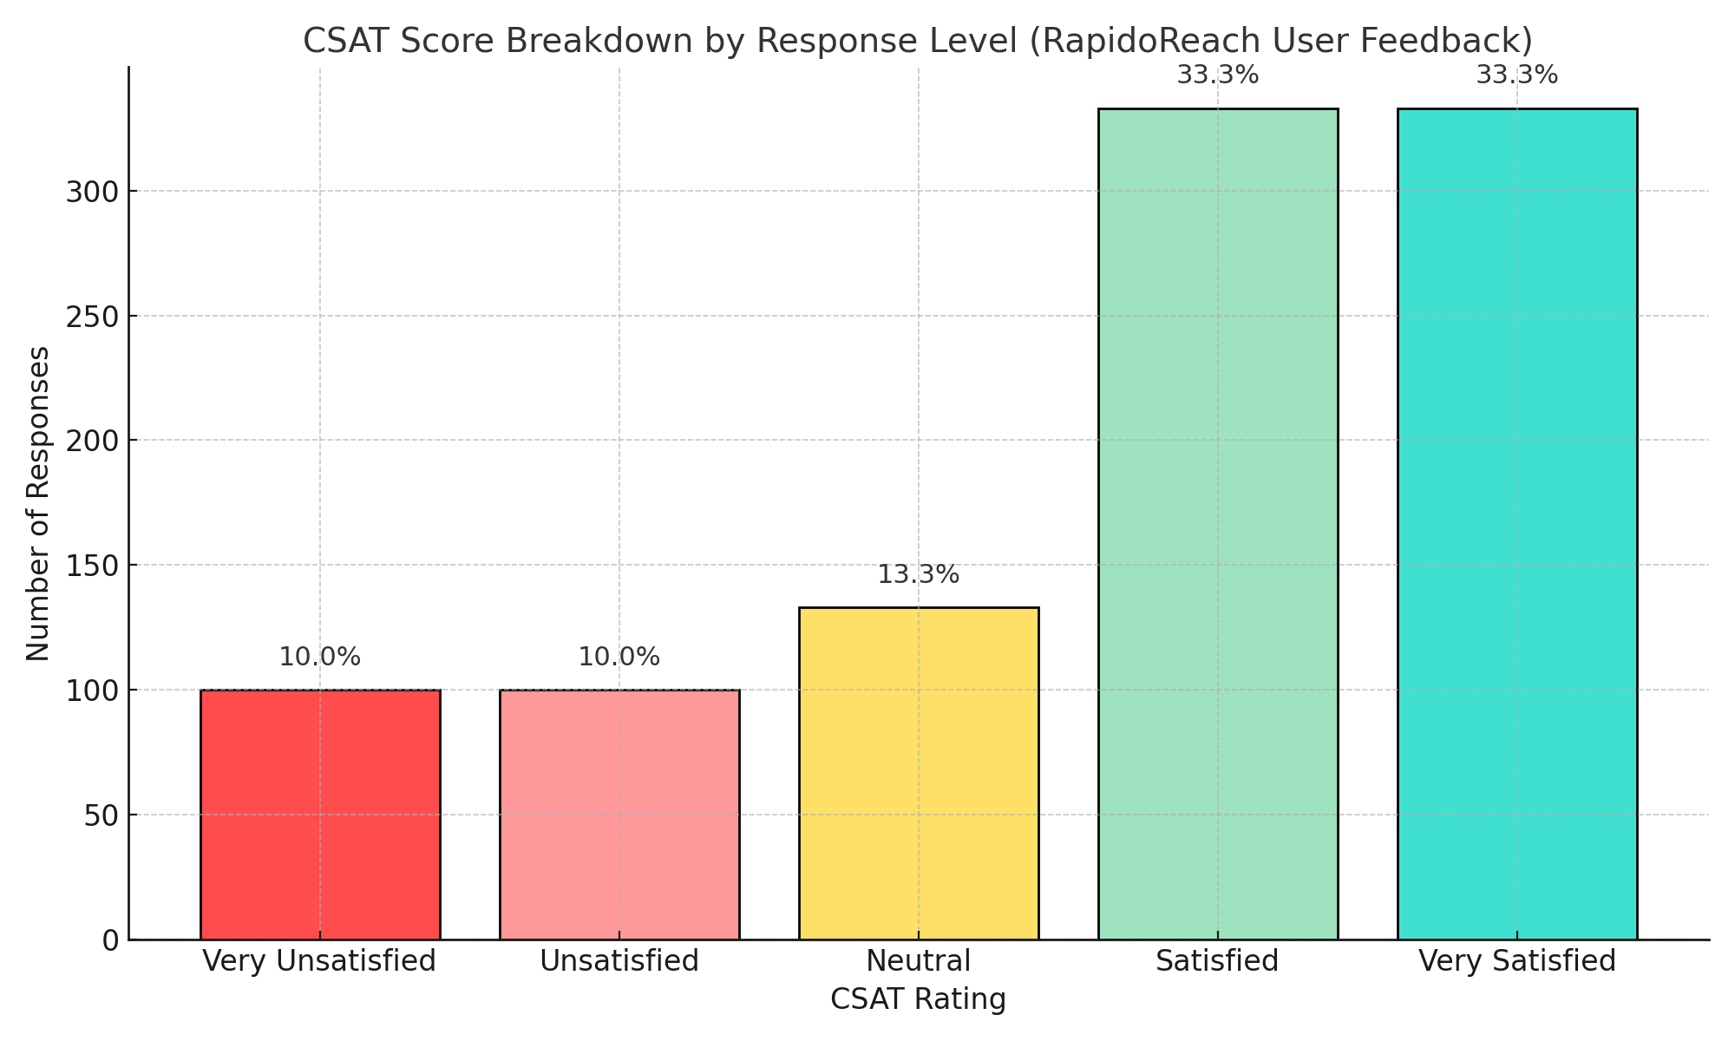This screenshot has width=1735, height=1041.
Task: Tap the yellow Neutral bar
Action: pos(919,772)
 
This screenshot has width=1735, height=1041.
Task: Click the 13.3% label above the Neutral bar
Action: pos(919,575)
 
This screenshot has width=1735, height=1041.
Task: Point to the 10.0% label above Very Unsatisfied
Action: pos(320,658)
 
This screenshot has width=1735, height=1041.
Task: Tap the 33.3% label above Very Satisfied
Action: pos(1517,76)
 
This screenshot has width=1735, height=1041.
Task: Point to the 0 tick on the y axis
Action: pos(109,940)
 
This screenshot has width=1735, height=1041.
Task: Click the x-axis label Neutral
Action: pos(919,961)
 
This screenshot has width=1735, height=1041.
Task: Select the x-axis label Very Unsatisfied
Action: pos(320,961)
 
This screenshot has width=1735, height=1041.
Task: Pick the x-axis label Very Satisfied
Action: pos(1517,961)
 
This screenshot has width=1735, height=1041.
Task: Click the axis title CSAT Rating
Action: pos(919,999)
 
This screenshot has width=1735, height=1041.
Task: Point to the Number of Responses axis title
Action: pos(38,503)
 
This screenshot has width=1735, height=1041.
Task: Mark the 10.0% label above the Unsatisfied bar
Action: pos(619,658)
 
